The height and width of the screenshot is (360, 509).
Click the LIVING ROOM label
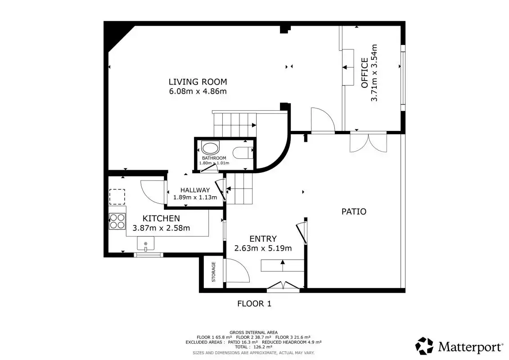198,82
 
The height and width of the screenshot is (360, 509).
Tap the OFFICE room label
365,73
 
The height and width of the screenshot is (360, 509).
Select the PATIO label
354,211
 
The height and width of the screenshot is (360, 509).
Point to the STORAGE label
214,272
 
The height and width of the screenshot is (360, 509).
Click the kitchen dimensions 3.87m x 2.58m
161,228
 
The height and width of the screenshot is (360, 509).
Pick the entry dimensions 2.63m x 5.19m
263,248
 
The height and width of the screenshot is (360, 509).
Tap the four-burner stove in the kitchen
117,221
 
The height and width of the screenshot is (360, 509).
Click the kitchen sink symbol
145,243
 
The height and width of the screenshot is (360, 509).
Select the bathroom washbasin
210,148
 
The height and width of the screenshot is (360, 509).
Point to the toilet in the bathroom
243,153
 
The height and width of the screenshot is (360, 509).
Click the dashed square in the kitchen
117,197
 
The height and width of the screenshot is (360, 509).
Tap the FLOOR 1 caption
254,304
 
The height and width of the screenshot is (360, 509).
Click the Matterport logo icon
424,346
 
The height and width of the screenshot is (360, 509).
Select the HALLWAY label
195,190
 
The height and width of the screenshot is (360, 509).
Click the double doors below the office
369,142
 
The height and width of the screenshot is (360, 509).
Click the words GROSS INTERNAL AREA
253,333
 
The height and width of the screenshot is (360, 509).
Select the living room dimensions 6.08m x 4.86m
198,91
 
